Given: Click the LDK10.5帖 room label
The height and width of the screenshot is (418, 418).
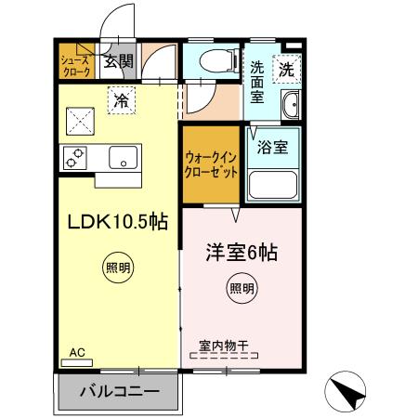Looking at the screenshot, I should (116, 222).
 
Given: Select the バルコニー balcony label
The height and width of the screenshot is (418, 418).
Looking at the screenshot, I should (118, 392).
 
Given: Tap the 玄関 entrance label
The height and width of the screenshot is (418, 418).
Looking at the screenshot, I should (118, 62).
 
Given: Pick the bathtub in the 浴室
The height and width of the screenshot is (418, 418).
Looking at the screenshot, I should (272, 186).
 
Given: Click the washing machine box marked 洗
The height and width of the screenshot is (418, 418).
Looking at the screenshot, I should (287, 68).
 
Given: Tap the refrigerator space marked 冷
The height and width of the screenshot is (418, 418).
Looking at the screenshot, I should (120, 100).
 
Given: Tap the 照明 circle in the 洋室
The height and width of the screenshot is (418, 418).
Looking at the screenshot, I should (242, 288).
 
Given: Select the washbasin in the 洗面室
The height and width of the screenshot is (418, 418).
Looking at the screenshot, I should (289, 106).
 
